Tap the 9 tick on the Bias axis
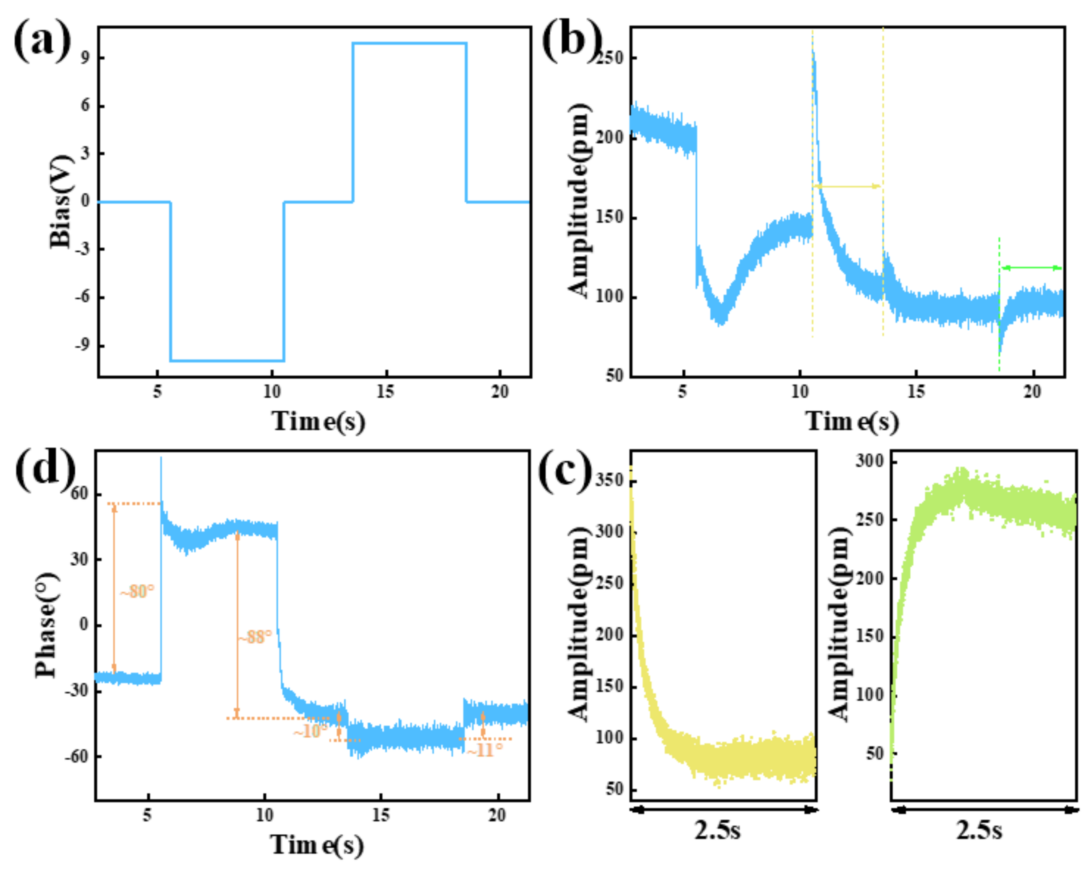85,57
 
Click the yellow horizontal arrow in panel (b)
847,187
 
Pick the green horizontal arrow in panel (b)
1031,267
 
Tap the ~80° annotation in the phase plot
136,591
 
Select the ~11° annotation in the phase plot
485,750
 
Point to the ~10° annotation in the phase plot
310,731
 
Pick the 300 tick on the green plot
869,461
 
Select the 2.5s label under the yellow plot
717,830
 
